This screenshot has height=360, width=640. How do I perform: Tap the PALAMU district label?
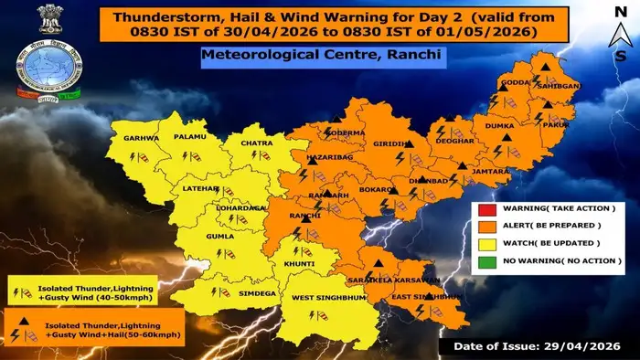190,138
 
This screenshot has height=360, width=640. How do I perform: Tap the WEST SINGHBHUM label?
327,298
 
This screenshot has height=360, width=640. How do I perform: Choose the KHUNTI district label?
299,263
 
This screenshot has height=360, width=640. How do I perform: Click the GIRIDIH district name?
390,145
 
